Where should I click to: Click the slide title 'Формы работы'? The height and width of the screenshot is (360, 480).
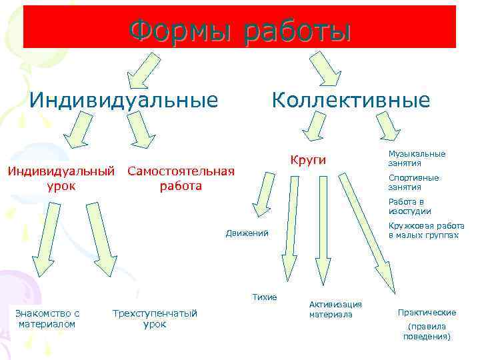[x=239, y=30]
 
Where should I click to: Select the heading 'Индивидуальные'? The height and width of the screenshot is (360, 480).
[x=124, y=101]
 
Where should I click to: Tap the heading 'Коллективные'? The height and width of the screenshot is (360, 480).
[x=350, y=101]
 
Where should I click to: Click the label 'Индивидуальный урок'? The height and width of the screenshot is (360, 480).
[x=61, y=178]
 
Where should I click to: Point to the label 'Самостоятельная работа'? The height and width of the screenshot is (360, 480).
[x=181, y=178]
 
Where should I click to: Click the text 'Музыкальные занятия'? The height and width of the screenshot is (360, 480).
[x=417, y=158]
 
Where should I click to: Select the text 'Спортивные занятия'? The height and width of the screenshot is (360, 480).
[x=413, y=182]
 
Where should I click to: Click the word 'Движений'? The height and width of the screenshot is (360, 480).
[x=247, y=233]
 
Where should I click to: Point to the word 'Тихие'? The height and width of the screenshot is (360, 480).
[x=265, y=297]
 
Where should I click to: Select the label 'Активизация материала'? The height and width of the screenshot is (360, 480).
[x=335, y=309]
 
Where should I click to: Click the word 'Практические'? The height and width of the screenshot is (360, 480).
[x=427, y=312]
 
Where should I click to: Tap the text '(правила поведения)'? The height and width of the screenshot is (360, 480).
[x=427, y=331]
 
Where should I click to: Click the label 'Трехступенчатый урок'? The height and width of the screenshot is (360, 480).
[x=155, y=319]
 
